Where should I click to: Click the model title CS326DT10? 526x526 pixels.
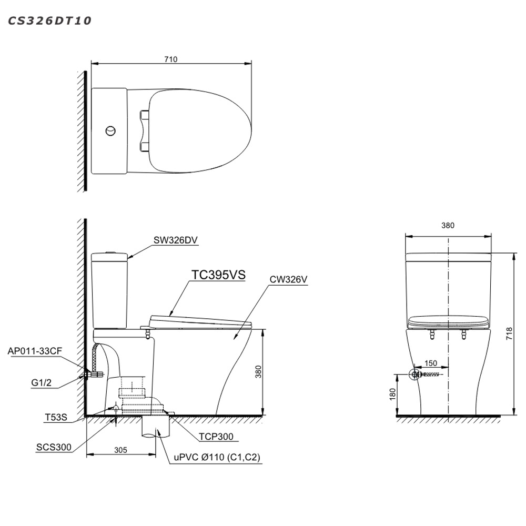click(49, 21)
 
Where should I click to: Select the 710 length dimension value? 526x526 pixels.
click(171, 59)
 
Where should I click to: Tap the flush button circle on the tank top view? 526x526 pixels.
click(110, 131)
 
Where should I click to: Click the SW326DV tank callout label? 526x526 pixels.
click(176, 240)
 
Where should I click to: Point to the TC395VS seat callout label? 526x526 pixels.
click(218, 275)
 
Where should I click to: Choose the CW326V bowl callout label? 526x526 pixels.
click(288, 279)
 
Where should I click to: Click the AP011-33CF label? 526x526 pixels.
click(35, 351)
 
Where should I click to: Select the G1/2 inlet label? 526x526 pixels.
click(41, 383)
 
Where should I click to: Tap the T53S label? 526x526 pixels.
click(56, 417)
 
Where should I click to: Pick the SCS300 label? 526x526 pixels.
click(54, 447)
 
